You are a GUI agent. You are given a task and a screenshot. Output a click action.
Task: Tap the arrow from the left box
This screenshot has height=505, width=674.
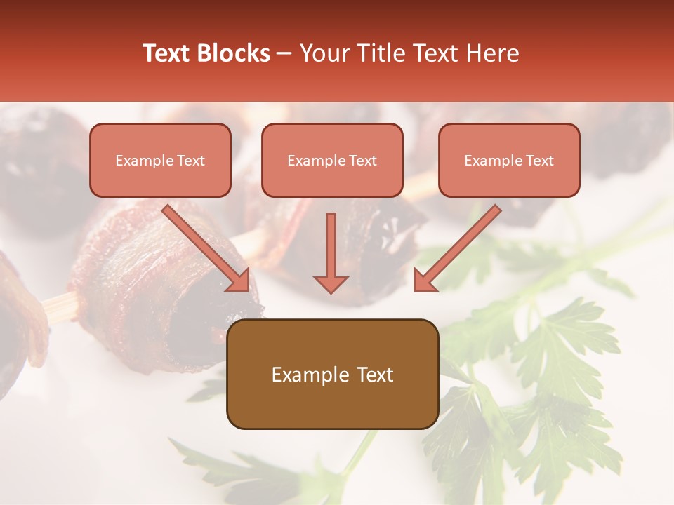[204, 246]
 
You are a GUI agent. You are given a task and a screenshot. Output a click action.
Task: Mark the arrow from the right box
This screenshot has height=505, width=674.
[460, 246]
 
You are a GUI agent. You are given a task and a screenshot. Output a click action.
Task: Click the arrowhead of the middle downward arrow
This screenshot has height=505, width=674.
[331, 283]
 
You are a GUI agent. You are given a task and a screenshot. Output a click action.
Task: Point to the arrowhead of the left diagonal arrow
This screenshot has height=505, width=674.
[239, 281]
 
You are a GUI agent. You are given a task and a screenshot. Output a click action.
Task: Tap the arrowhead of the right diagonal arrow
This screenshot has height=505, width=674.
[425, 281]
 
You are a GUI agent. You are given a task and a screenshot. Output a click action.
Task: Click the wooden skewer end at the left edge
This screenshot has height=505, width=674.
[60, 307]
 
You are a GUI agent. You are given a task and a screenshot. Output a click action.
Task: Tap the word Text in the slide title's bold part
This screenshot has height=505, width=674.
[168, 53]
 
